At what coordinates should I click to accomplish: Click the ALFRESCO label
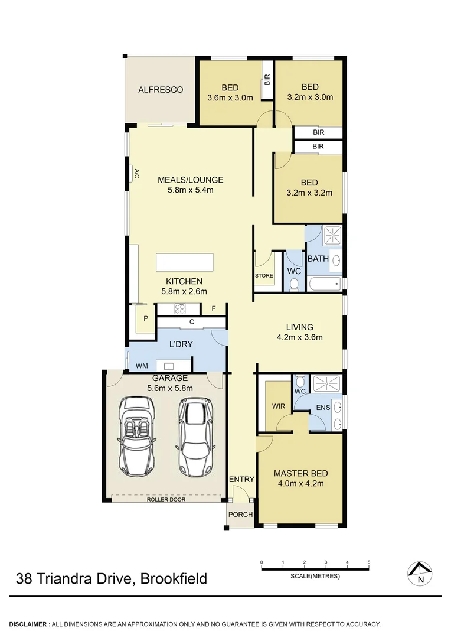[160, 90]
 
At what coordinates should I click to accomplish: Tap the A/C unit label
[136, 173]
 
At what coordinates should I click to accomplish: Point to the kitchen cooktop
[180, 308]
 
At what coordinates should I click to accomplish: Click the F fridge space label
[213, 308]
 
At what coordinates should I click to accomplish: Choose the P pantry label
[145, 318]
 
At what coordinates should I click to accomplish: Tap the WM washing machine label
[142, 366]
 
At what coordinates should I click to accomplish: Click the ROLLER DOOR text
[166, 499]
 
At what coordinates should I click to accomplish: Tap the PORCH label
[240, 515]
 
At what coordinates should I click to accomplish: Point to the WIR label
[279, 406]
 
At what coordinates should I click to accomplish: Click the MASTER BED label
[300, 473]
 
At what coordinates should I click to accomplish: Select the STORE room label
[264, 275]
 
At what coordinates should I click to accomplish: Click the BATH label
[318, 259]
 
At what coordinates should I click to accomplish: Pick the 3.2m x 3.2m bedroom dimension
[309, 193]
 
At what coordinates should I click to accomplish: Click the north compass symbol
[420, 572]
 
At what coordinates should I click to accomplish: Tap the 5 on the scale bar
[369, 562]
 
